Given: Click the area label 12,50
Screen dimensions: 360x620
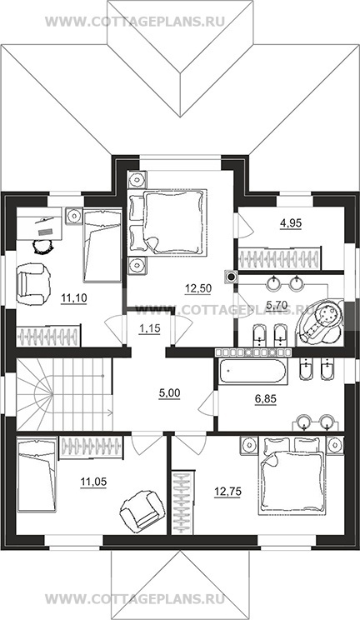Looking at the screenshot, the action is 197,288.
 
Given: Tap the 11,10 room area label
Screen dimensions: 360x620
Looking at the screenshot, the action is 74,297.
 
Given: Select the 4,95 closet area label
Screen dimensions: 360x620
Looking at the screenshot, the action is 291,223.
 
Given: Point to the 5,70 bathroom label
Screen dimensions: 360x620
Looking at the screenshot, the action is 277,305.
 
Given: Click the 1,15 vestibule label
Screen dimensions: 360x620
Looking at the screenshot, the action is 149,328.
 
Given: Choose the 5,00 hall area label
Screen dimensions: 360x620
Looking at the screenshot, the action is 169,393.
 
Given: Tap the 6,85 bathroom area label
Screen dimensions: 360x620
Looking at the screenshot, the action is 265,399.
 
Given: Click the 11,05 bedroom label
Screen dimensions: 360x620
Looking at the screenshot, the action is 93,482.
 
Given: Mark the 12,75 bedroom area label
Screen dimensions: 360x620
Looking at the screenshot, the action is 227,492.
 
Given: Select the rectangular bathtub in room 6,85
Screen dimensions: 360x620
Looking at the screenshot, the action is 252,372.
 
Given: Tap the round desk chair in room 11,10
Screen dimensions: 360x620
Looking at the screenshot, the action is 42,247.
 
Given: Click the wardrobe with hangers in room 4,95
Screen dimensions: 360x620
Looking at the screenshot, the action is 279,259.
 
